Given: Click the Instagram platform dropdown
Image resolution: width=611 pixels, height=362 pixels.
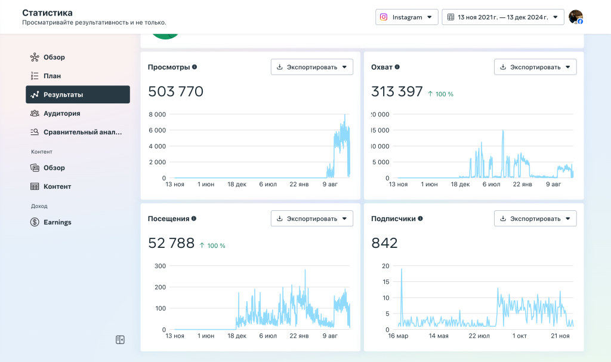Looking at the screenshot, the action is (x=406, y=17).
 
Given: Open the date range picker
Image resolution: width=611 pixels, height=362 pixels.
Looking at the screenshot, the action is (x=502, y=17).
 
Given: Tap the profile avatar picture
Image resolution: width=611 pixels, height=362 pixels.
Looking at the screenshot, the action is (x=576, y=17).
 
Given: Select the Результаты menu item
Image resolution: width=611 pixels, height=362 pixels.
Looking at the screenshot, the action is (x=78, y=94).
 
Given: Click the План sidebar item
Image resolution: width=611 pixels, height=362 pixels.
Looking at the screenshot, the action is (x=53, y=76).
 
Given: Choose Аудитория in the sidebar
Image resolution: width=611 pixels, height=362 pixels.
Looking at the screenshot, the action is (x=61, y=113).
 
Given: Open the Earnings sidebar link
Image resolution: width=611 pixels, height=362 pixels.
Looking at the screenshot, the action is (x=57, y=222).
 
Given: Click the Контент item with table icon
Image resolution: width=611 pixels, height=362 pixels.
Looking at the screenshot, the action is (x=57, y=186).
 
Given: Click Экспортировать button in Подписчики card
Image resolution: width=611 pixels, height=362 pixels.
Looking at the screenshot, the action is (x=535, y=219).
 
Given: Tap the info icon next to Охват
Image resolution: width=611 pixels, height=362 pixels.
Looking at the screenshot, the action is (x=397, y=67).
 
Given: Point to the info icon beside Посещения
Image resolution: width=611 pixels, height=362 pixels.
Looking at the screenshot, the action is (x=194, y=219).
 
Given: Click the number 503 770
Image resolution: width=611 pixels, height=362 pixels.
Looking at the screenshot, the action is (x=176, y=91).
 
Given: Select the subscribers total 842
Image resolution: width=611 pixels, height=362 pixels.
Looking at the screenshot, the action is (x=384, y=243).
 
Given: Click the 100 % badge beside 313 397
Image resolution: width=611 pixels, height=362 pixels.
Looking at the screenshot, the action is (x=441, y=94).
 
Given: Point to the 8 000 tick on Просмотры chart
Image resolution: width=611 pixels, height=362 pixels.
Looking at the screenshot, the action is (x=157, y=114).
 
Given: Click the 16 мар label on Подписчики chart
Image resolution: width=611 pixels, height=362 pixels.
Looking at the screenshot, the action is (x=398, y=336).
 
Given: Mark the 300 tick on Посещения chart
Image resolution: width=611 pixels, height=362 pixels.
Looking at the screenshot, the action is (x=160, y=266).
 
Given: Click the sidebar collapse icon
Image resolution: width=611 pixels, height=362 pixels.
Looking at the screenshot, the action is (x=120, y=340).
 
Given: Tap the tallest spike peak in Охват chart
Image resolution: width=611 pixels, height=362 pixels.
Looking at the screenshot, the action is (x=503, y=131).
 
